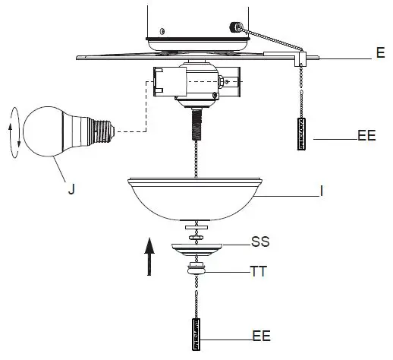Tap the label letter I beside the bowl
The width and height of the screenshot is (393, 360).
(x=322, y=194)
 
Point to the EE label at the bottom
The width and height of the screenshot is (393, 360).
(x=262, y=335)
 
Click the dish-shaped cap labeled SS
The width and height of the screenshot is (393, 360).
(x=197, y=249)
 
